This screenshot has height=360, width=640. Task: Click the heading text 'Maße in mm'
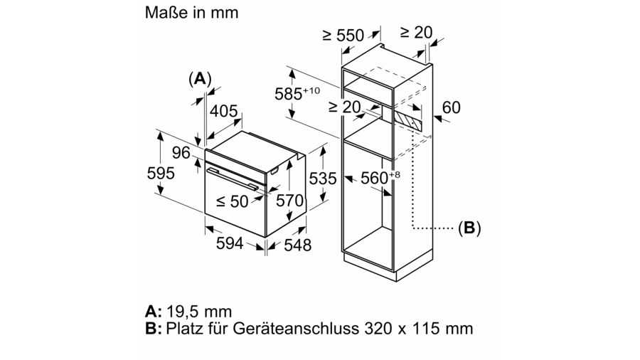[191, 13]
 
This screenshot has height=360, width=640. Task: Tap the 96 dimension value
[181, 152]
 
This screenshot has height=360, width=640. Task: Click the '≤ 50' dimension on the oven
[232, 201]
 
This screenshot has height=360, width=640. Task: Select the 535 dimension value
[321, 179]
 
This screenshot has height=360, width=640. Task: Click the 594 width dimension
[229, 243]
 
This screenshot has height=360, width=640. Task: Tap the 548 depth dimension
[297, 245]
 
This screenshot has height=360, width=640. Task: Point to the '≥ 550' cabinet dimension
[343, 35]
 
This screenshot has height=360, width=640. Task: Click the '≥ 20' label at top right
[416, 32]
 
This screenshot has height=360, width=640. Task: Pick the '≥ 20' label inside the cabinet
[345, 107]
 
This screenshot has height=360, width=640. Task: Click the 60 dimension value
[452, 107]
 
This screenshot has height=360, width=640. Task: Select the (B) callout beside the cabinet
[469, 228]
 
